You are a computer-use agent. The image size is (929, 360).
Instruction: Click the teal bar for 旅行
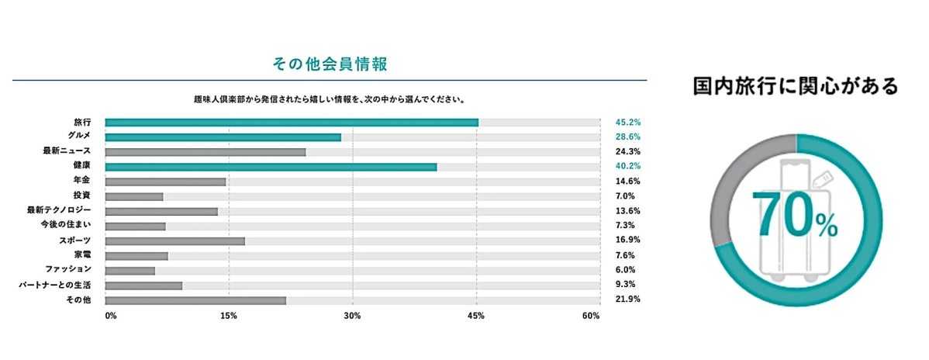point(292,123)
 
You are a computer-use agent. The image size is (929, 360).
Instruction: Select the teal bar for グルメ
point(223,137)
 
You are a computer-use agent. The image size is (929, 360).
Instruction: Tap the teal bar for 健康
point(271,167)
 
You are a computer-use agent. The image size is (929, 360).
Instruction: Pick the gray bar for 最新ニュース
point(205,152)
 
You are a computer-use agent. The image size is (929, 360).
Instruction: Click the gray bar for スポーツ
point(174,241)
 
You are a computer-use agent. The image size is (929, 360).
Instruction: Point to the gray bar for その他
point(195,299)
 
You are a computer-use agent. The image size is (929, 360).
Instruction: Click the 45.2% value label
point(627,123)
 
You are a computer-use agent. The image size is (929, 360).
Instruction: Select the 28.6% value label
point(627,137)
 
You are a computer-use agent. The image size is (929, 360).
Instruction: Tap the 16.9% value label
point(627,241)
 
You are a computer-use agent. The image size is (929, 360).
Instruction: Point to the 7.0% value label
point(625,196)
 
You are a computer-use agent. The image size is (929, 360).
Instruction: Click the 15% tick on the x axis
point(229,316)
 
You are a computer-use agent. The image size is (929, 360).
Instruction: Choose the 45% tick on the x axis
point(476,316)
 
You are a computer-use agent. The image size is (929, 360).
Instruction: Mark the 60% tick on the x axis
point(591,316)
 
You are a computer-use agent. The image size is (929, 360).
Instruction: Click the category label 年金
point(81,182)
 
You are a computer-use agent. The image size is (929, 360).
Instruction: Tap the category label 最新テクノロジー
point(59,211)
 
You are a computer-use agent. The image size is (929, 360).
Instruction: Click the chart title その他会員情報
point(330,64)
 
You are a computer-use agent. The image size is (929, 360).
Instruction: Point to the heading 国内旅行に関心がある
point(796,86)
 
